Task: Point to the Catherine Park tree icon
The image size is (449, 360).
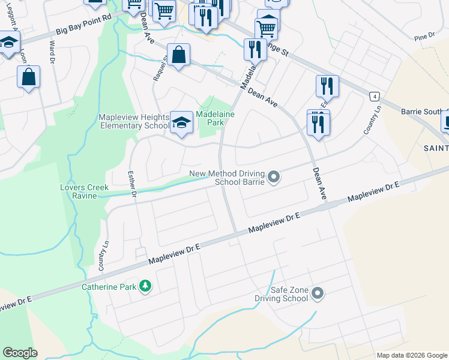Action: click(x=144, y=286)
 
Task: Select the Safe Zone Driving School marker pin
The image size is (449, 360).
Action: click(x=318, y=293)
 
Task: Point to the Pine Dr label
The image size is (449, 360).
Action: click(x=424, y=37)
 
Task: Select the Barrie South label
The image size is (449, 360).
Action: click(x=424, y=112)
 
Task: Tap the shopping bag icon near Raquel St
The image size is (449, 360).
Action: click(x=179, y=55)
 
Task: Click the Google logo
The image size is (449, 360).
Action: click(x=20, y=352)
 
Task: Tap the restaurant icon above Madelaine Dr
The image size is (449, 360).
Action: click(x=255, y=49)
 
